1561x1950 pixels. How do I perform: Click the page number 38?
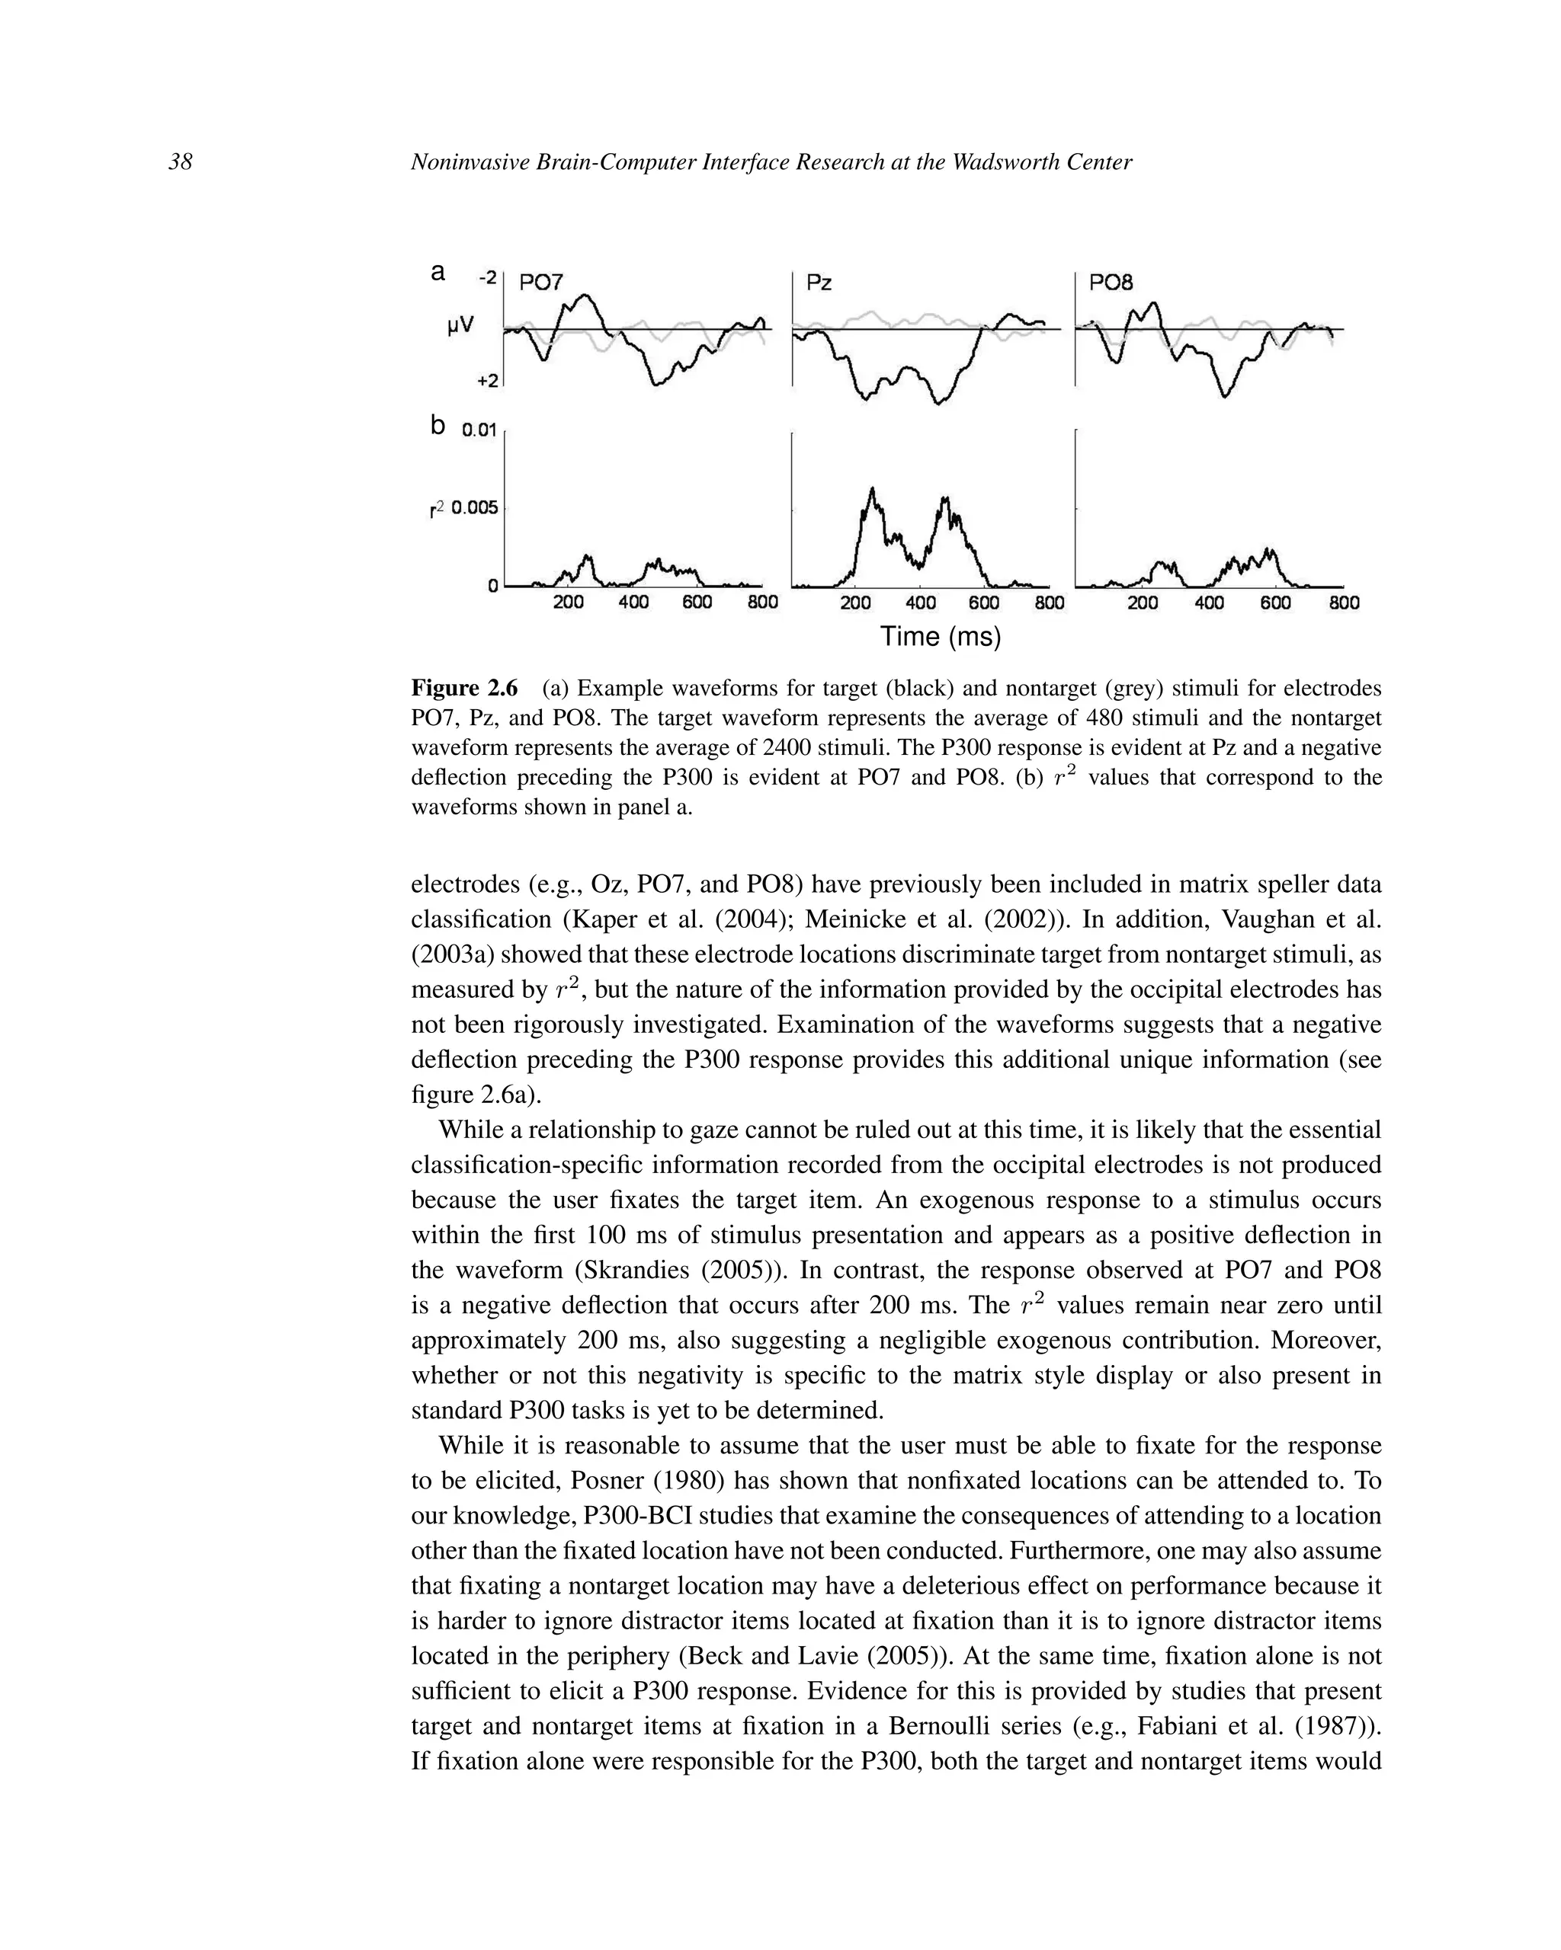click(x=180, y=163)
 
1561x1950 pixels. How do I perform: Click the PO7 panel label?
click(x=541, y=283)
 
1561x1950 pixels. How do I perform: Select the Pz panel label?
click(x=819, y=283)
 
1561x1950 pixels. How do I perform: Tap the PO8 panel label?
click(x=1111, y=283)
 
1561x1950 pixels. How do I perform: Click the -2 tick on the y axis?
click(x=487, y=278)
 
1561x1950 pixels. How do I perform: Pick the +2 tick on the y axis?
click(x=488, y=381)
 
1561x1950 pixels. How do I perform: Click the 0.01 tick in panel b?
click(x=479, y=430)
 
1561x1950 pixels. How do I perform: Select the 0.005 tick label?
click(x=474, y=507)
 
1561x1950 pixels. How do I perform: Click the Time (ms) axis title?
click(x=941, y=637)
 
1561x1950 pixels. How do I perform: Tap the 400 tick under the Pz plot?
click(x=920, y=603)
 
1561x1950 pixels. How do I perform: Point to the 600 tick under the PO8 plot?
click(x=1275, y=603)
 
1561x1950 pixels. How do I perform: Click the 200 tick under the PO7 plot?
click(x=569, y=603)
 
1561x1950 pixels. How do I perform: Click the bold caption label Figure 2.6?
click(x=464, y=689)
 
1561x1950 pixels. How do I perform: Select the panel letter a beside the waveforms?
click(x=438, y=271)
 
